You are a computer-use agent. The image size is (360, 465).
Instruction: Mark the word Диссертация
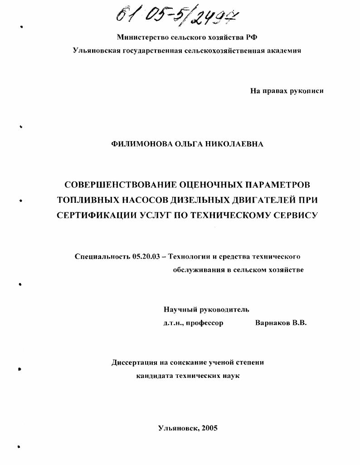(135, 362)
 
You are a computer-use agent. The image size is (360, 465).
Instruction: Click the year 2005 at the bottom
(209, 428)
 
